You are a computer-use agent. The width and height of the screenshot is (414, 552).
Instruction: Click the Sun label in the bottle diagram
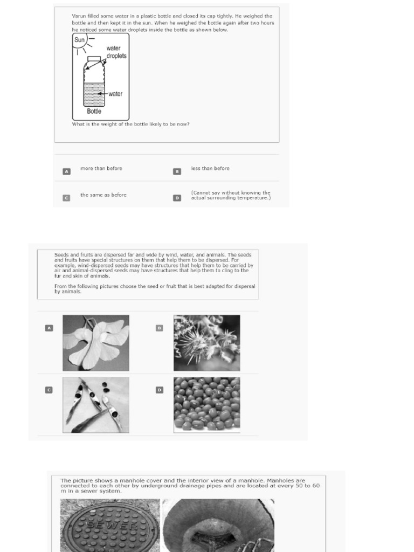pyautogui.click(x=79, y=39)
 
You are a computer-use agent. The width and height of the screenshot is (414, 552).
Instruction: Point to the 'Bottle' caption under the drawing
pyautogui.click(x=94, y=112)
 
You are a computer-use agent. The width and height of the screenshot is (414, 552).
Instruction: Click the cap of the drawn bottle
pyautogui.click(x=94, y=59)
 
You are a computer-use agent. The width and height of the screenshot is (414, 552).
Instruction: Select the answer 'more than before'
pyautogui.click(x=101, y=169)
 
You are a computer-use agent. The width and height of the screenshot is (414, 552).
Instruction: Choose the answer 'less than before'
pyautogui.click(x=210, y=169)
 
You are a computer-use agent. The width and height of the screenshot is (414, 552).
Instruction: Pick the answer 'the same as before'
pyautogui.click(x=103, y=195)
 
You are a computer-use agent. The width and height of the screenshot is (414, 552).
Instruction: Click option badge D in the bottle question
pyautogui.click(x=177, y=198)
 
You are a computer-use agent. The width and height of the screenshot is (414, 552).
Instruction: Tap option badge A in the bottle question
pyautogui.click(x=66, y=171)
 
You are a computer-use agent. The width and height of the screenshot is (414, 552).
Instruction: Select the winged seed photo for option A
pyautogui.click(x=96, y=343)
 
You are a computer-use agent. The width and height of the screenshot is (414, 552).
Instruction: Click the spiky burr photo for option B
pyautogui.click(x=206, y=343)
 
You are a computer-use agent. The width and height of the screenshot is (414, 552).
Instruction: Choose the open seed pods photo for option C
pyautogui.click(x=96, y=405)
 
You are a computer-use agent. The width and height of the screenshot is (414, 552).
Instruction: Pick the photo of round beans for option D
pyautogui.click(x=206, y=405)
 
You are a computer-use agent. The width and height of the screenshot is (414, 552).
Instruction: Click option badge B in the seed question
pyautogui.click(x=159, y=328)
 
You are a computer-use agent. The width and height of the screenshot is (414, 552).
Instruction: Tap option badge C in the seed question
pyautogui.click(x=49, y=390)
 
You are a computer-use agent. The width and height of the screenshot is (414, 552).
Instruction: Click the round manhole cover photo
pyautogui.click(x=110, y=526)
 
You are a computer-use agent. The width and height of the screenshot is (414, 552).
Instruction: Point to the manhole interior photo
pyautogui.click(x=218, y=526)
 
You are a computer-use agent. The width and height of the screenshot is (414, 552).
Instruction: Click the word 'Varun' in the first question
pyautogui.click(x=79, y=16)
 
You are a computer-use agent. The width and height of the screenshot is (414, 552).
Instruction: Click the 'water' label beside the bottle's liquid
pyautogui.click(x=115, y=94)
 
